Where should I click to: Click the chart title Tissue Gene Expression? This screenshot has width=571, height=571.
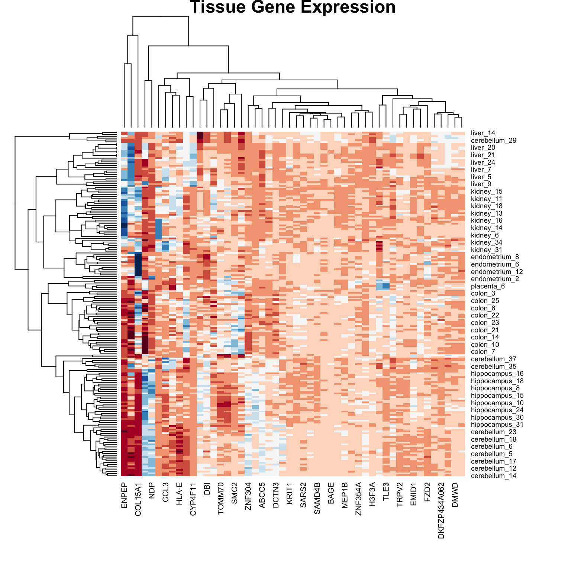pos(293,7)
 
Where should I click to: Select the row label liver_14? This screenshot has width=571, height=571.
pos(483,133)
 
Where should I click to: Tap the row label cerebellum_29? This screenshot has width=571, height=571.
pos(493,141)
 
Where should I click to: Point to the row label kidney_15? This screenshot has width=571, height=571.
pos(487,191)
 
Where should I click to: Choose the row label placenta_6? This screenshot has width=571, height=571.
pos(487,286)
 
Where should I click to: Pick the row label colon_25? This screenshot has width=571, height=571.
pos(485,301)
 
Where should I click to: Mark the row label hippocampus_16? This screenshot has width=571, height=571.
pos(497,374)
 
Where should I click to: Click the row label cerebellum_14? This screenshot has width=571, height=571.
pos(493,476)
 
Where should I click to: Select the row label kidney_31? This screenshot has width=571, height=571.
pos(487,250)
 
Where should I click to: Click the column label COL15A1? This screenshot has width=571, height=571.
pos(138,499)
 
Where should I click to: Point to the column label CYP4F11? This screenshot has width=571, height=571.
pos(193,499)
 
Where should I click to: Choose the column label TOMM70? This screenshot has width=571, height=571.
pos(220,498)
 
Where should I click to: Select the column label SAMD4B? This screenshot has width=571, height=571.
pos(317,499)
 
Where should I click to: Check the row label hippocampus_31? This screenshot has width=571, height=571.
pos(497,425)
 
